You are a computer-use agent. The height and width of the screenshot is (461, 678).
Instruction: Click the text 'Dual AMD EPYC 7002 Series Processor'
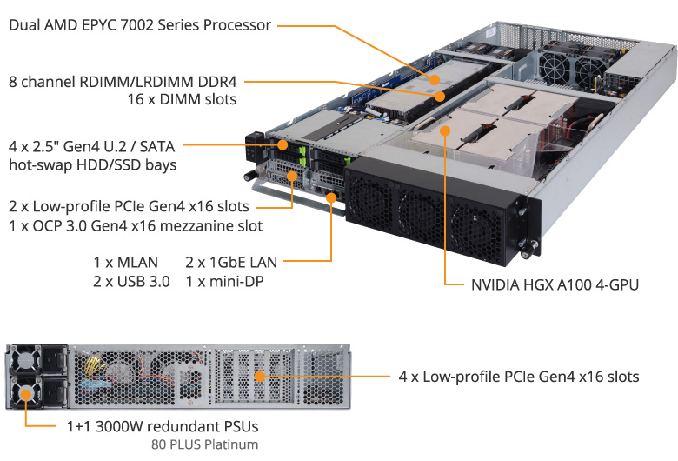pos(140,25)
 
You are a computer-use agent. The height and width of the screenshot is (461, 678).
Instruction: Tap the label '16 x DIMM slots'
pos(182,99)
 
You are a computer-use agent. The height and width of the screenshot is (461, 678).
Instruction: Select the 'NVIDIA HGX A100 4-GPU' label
pos(555,284)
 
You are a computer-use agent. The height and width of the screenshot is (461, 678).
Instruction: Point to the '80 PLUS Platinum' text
pos(204,444)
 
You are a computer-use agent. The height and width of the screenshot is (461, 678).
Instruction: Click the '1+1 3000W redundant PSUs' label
pos(163,426)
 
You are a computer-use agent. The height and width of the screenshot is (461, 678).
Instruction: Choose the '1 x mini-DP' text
pos(224,281)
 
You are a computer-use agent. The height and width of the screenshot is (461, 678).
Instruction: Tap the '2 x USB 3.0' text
pos(131,281)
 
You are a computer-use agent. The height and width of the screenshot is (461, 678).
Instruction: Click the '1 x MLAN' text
pos(126,263)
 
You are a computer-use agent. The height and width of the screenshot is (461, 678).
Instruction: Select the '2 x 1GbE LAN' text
pos(231,263)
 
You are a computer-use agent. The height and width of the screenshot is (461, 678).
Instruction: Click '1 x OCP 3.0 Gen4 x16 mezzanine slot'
pos(136,225)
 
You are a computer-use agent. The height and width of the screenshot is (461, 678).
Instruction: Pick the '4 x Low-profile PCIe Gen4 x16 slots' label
pos(519,377)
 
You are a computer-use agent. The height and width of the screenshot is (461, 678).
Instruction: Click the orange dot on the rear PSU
pos(26,394)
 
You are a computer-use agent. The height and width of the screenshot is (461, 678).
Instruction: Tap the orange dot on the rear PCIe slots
pos(259,376)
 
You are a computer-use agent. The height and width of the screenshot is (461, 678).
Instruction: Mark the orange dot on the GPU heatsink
pos(444,130)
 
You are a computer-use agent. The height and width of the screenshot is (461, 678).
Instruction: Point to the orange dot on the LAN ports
pos(331,197)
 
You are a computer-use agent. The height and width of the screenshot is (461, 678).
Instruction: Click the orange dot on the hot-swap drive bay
pos(283,144)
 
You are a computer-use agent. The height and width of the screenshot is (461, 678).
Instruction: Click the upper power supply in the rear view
pos(39,359)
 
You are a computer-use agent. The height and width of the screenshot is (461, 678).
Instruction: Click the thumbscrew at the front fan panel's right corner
pos(528,251)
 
